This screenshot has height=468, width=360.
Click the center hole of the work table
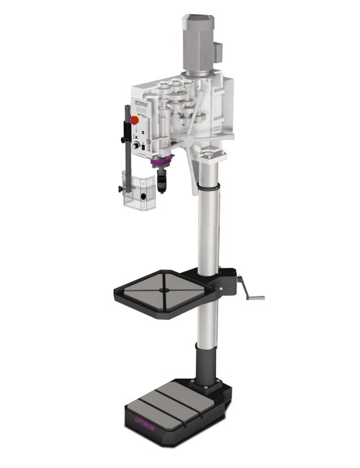[x=163, y=290]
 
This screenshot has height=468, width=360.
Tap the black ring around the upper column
[x=207, y=186]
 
